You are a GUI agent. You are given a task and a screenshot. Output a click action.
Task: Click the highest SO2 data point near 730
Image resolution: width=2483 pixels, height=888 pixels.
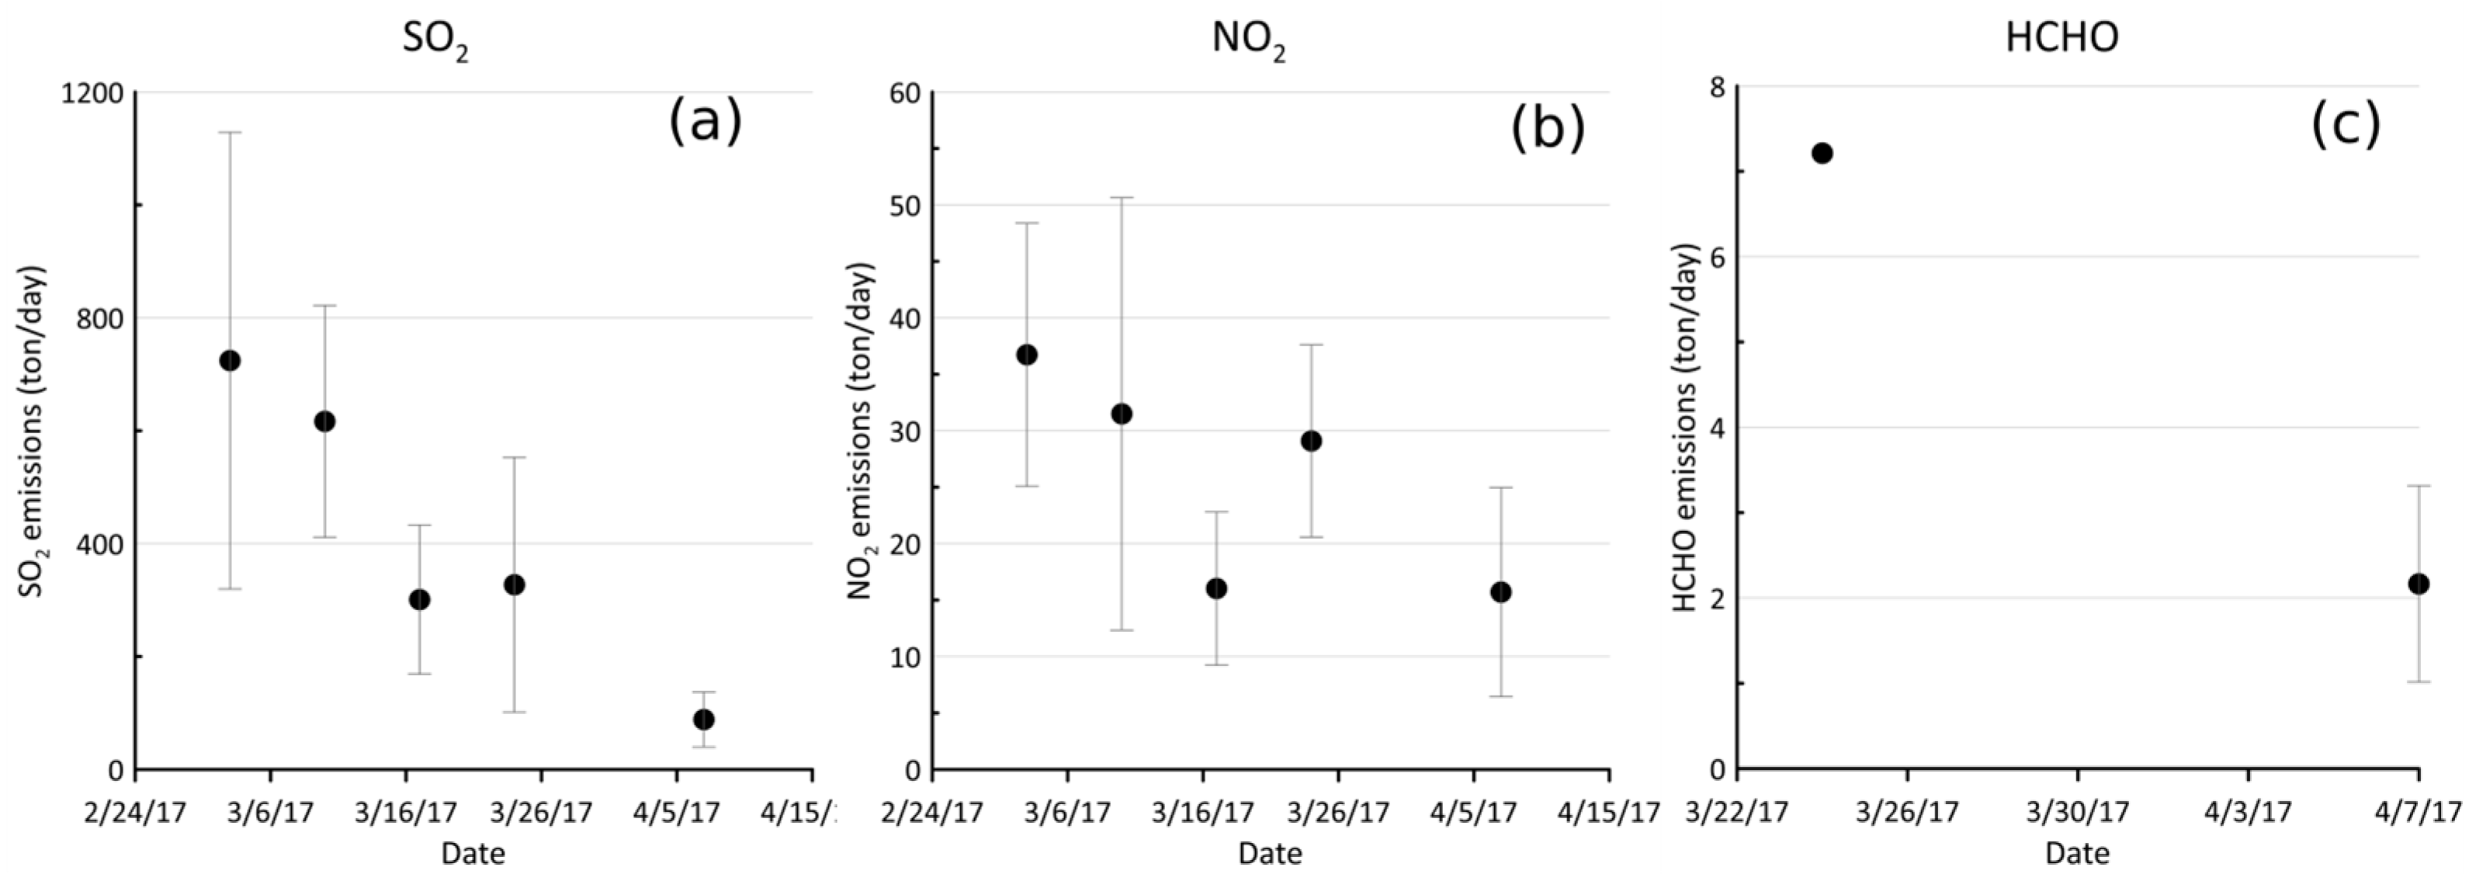pyautogui.click(x=230, y=361)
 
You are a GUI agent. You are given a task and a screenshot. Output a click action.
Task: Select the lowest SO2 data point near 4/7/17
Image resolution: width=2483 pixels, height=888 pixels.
pyautogui.click(x=704, y=720)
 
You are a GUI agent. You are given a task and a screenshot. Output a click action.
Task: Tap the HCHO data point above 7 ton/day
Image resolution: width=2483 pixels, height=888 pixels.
pyautogui.click(x=1822, y=153)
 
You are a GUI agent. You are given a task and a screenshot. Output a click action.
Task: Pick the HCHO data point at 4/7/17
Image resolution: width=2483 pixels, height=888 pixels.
pyautogui.click(x=2419, y=583)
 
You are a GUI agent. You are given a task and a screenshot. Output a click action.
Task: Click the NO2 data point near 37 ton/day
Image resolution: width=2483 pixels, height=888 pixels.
pyautogui.click(x=1028, y=355)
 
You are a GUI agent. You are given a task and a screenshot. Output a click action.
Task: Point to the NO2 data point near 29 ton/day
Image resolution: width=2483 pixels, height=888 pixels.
pyautogui.click(x=1311, y=441)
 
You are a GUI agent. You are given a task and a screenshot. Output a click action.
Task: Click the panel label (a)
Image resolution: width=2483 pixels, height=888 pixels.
pyautogui.click(x=706, y=123)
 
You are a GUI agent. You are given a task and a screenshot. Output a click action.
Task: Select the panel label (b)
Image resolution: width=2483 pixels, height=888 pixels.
pyautogui.click(x=1547, y=128)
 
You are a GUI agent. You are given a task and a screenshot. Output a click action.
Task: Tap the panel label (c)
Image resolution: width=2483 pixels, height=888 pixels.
pyautogui.click(x=2345, y=124)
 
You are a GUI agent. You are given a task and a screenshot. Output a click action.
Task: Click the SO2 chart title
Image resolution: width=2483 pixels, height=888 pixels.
pyautogui.click(x=435, y=40)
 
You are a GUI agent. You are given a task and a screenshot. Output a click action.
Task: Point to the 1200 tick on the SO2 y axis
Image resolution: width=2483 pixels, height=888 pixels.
pyautogui.click(x=92, y=93)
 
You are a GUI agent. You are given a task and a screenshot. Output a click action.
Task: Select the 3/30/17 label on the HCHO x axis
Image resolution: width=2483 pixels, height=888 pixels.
pyautogui.click(x=2077, y=812)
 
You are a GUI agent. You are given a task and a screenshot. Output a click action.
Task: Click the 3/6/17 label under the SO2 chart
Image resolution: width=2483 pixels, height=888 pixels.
pyautogui.click(x=270, y=812)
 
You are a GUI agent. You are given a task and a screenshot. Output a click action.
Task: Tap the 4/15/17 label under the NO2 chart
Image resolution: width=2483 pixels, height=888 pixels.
pyautogui.click(x=1610, y=812)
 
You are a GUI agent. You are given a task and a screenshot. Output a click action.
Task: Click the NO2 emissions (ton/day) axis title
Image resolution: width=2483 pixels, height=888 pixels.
pyautogui.click(x=860, y=430)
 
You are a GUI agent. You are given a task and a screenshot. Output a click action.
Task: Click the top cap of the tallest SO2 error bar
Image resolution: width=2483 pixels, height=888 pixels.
pyautogui.click(x=230, y=132)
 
